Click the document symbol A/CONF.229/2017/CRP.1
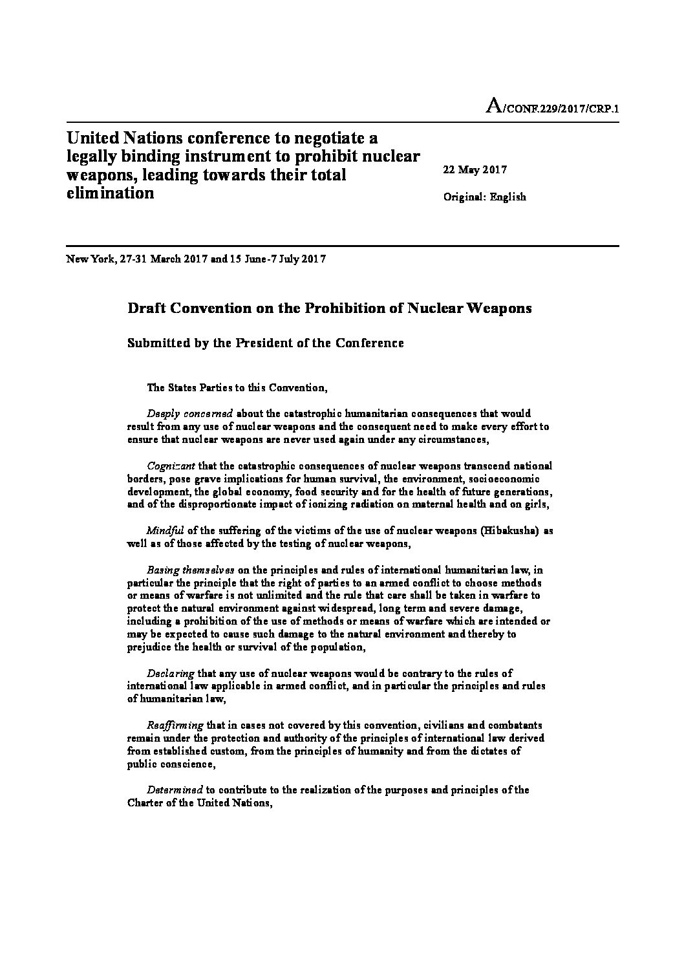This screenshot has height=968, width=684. tap(552, 108)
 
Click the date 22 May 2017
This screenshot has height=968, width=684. tap(475, 170)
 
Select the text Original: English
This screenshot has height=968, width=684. tap(484, 197)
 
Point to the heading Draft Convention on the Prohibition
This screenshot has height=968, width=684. tap(330, 308)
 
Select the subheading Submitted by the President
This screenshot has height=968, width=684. tap(266, 343)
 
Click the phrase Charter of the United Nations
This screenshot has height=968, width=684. tap(197, 803)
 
